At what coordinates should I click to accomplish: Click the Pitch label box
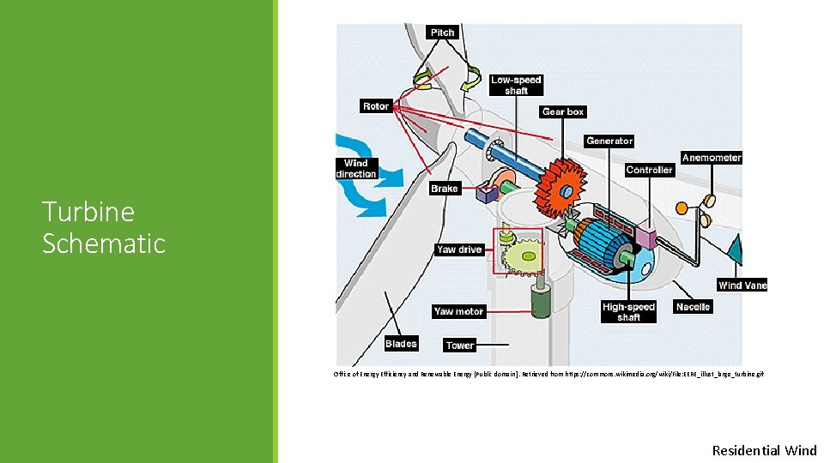click(442, 33)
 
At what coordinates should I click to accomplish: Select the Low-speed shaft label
click(516, 85)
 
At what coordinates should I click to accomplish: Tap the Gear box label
click(563, 111)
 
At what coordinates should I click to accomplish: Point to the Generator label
click(609, 141)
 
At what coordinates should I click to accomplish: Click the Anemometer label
click(712, 158)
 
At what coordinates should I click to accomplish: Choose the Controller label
click(649, 170)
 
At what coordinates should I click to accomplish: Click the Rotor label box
click(376, 106)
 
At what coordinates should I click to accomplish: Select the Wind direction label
click(356, 168)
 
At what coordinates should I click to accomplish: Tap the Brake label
click(445, 189)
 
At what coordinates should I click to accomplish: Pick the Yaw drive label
click(459, 250)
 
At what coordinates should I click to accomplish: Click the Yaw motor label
click(459, 311)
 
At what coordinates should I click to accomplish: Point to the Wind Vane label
click(742, 286)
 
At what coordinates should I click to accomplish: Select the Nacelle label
click(693, 306)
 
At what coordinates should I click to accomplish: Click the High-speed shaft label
click(628, 312)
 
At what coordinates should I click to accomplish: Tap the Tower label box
click(460, 345)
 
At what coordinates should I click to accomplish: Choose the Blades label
click(401, 344)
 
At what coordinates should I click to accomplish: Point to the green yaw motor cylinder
click(542, 301)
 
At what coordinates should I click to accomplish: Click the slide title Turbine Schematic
click(103, 227)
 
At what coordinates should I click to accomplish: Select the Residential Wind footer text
click(764, 450)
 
